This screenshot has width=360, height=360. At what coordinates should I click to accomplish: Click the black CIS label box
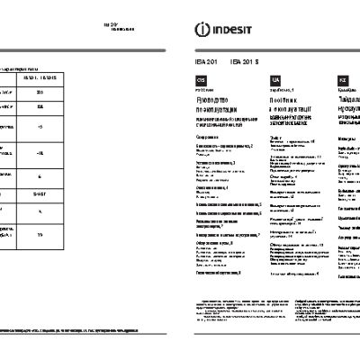[189, 81]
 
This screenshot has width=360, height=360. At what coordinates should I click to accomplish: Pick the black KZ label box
[343, 81]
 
